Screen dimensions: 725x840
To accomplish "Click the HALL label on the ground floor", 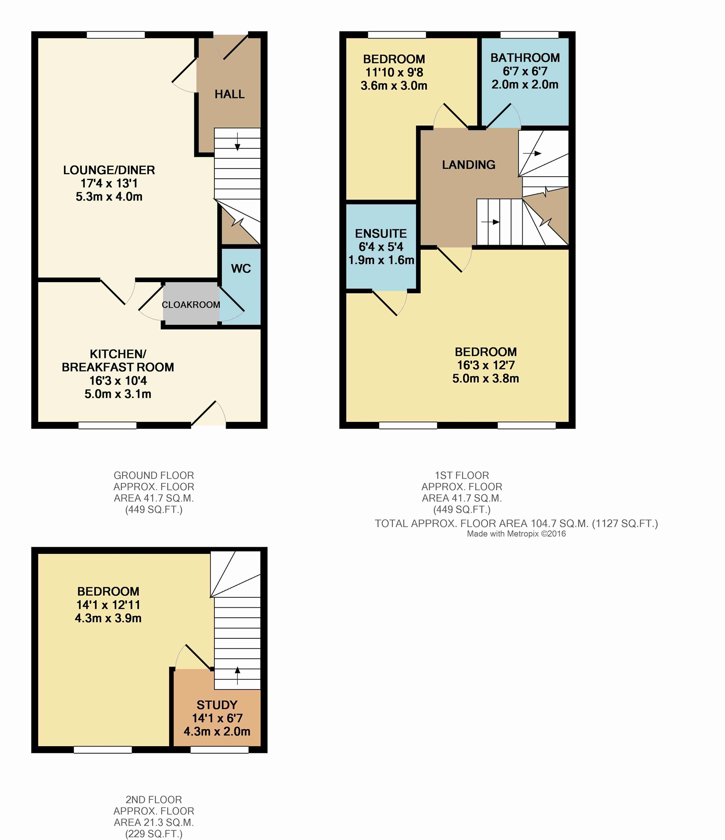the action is coord(229,95).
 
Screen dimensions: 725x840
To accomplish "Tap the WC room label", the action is coord(241,269).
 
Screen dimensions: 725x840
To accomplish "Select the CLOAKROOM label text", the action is coord(191,305).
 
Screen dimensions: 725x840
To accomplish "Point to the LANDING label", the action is coord(469,165).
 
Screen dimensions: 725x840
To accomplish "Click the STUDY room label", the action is coord(217,705).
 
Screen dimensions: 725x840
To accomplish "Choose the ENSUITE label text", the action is coord(381,234).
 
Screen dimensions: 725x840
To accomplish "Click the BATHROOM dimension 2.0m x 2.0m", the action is coord(525,85).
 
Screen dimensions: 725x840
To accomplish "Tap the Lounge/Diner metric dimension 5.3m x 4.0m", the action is coord(109,197).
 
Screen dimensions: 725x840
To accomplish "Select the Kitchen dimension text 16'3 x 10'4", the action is coord(118,381).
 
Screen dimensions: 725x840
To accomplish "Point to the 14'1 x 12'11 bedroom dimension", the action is coord(108,605).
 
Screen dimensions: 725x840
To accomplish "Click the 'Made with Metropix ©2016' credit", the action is coord(516,534).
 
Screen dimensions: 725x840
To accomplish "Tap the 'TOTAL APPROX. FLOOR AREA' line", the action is coord(516,523).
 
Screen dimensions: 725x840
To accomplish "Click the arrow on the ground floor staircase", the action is coord(237,141).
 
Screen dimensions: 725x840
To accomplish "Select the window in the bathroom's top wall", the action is coord(529,35).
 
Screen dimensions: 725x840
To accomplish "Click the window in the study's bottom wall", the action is coord(219,750).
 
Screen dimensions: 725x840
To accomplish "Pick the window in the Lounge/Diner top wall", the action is coord(116,35).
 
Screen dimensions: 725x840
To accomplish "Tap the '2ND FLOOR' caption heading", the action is coord(154,799).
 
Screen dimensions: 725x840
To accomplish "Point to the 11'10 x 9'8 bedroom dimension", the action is coord(394,73).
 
